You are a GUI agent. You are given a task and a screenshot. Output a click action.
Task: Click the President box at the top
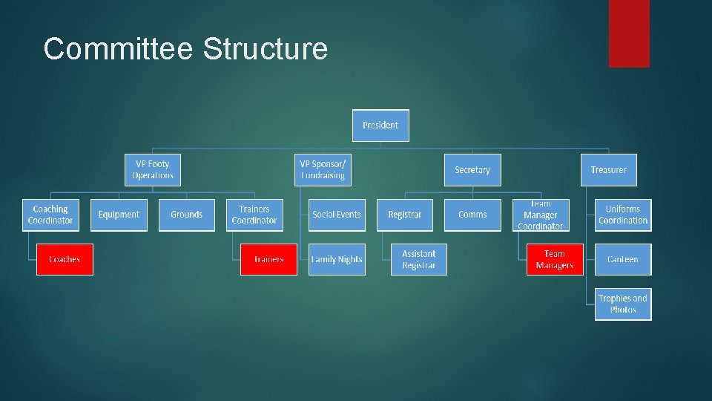pyautogui.click(x=380, y=125)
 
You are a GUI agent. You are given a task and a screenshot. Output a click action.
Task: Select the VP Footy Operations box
pyautogui.click(x=153, y=170)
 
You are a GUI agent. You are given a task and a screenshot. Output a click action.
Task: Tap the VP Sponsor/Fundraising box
pyautogui.click(x=323, y=170)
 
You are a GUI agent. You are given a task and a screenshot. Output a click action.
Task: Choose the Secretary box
pyautogui.click(x=472, y=170)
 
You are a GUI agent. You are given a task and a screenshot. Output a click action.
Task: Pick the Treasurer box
pyautogui.click(x=608, y=170)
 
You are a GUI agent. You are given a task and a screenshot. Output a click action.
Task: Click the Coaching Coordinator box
pyautogui.click(x=50, y=215)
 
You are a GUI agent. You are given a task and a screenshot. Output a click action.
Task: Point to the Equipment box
pyautogui.click(x=119, y=215)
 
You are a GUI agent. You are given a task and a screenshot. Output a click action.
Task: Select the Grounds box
pyautogui.click(x=186, y=215)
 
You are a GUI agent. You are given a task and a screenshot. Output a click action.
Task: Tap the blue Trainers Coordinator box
pyautogui.click(x=254, y=215)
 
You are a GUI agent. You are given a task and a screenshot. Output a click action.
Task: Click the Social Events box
pyautogui.click(x=337, y=215)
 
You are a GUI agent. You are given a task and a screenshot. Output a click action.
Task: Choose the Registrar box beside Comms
pyautogui.click(x=405, y=215)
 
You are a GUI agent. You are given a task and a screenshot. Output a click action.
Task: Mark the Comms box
pyautogui.click(x=472, y=215)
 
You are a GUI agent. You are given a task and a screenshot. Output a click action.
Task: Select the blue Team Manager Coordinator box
pyautogui.click(x=541, y=215)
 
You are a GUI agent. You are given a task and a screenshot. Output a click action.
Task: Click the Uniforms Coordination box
pyautogui.click(x=623, y=215)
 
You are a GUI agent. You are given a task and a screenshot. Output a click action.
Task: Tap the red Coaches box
pyautogui.click(x=65, y=259)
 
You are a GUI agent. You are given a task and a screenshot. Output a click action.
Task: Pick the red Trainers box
pyautogui.click(x=268, y=259)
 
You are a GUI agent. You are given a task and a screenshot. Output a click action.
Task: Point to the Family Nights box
pyautogui.click(x=337, y=259)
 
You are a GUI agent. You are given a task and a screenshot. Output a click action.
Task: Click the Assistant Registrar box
pyautogui.click(x=419, y=259)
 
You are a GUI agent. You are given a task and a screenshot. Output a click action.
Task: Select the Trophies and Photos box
pyautogui.click(x=623, y=304)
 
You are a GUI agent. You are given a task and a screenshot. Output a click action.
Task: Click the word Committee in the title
pyautogui.click(x=119, y=49)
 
